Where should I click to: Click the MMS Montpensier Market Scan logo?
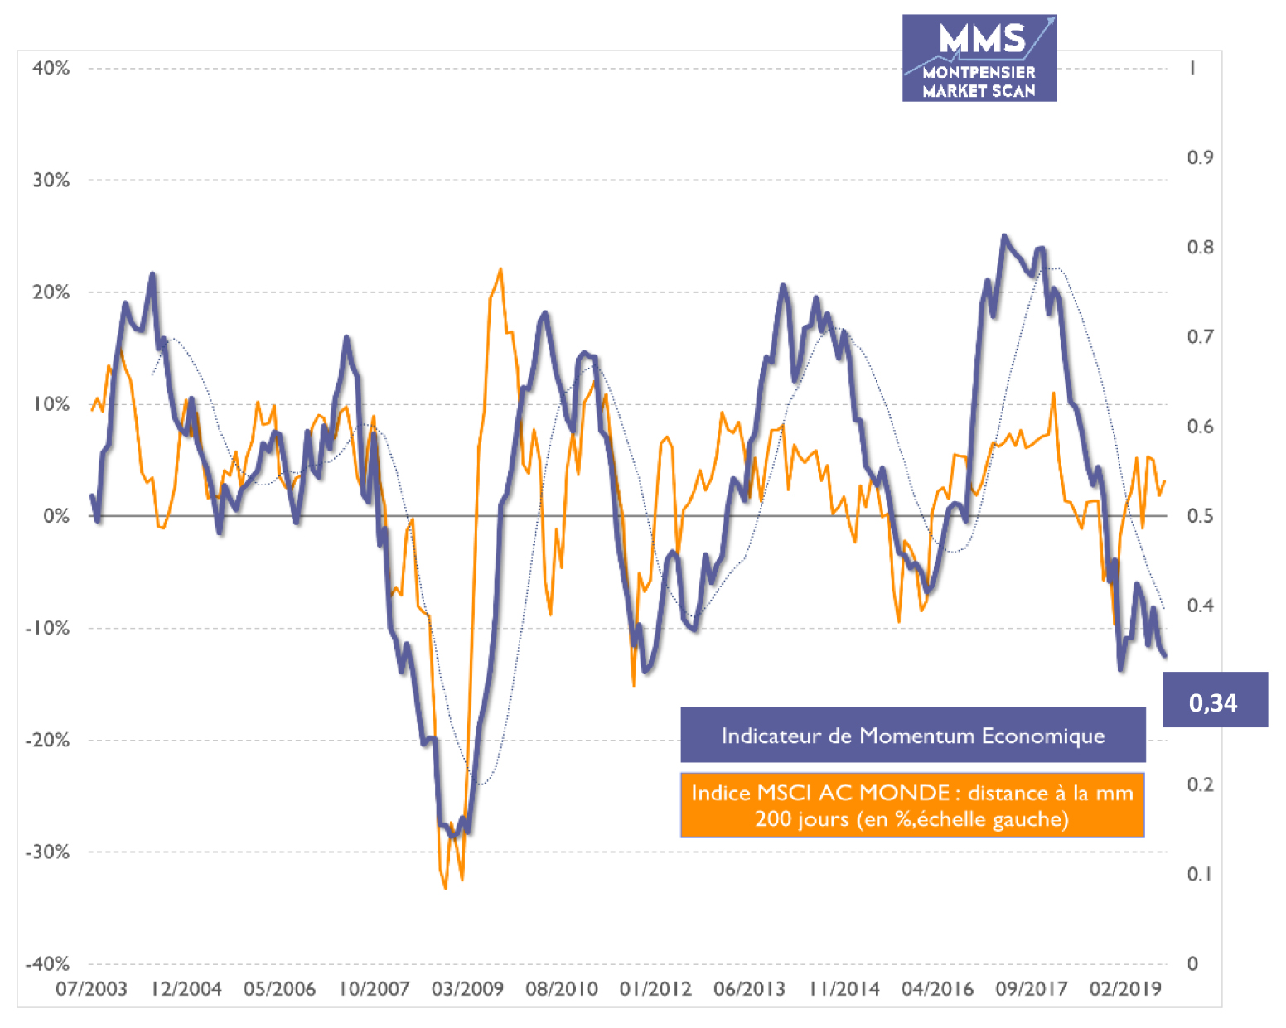click(x=979, y=58)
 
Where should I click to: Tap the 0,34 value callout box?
click(x=1214, y=701)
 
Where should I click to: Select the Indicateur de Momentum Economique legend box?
click(x=912, y=735)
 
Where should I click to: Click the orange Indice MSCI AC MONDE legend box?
click(x=912, y=805)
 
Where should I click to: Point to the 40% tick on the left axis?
click(x=51, y=68)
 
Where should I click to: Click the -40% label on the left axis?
click(x=48, y=963)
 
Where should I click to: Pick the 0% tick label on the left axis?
click(x=56, y=516)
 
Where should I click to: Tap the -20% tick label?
click(x=48, y=740)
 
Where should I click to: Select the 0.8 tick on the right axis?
click(x=1199, y=247)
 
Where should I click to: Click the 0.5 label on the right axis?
click(x=1199, y=516)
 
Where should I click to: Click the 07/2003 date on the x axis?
click(x=91, y=988)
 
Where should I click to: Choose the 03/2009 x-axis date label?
click(x=467, y=988)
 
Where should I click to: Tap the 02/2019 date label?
click(x=1125, y=988)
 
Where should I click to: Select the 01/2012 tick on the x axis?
click(x=655, y=988)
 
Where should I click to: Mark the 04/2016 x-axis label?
click(x=937, y=988)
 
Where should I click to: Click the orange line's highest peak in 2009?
click(x=500, y=269)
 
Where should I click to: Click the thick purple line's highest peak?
click(x=1004, y=236)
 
